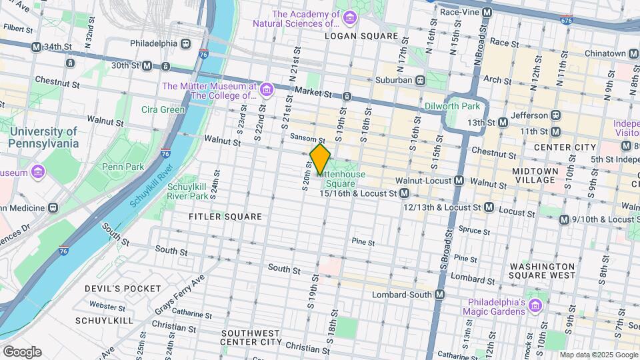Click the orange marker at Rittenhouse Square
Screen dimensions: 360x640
coord(320,159)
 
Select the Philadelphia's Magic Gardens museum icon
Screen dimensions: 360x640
coord(535,305)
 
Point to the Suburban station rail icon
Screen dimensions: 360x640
coord(421,80)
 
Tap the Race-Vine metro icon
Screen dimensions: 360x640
coord(487,12)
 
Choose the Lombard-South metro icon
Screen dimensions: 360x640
coord(439,295)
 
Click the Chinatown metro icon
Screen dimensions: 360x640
coord(634,53)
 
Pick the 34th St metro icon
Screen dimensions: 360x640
coord(37,47)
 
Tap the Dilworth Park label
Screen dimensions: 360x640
coord(452,105)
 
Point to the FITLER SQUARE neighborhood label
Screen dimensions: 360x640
coord(216,217)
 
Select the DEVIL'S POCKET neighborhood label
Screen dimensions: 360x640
coord(123,289)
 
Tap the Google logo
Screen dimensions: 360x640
coord(22,351)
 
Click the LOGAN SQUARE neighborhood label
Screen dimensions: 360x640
coord(361,36)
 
